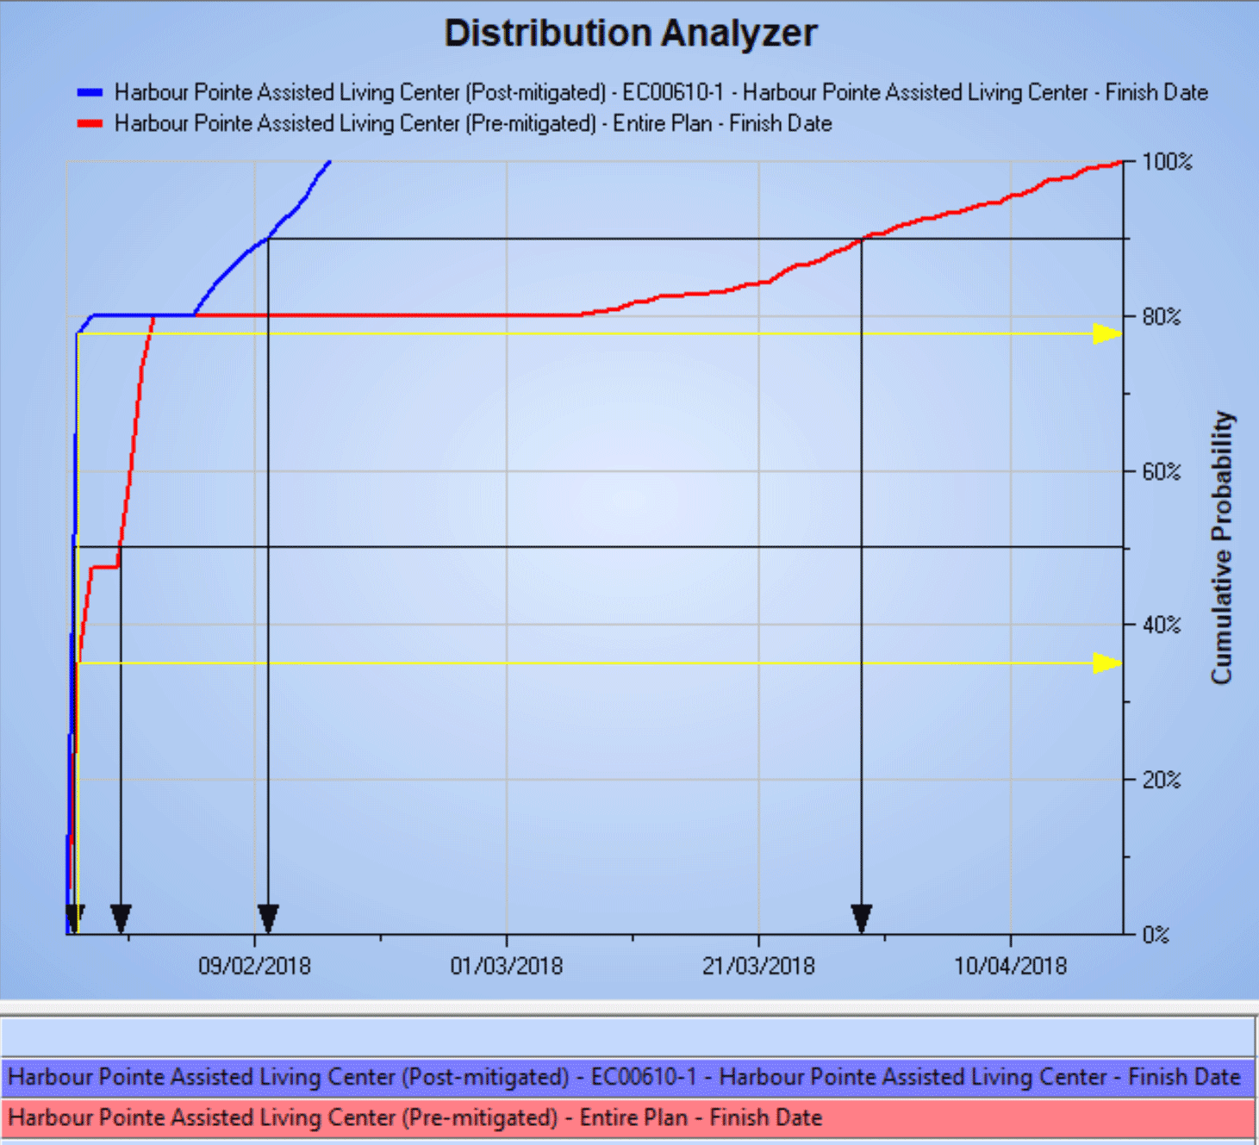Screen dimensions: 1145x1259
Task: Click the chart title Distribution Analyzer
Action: tap(630, 34)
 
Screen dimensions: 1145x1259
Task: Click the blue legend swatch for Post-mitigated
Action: tap(90, 92)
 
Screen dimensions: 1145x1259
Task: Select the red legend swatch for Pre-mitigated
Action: tap(90, 123)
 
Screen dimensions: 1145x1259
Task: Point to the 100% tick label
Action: tap(1167, 162)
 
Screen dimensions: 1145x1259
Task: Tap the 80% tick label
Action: tap(1162, 317)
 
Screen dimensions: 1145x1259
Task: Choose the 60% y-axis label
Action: tap(1162, 471)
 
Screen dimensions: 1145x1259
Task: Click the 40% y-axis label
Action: tap(1162, 625)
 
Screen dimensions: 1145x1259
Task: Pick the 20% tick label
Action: tap(1162, 780)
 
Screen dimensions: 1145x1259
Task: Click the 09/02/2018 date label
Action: tap(254, 966)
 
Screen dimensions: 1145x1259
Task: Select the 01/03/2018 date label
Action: tap(507, 966)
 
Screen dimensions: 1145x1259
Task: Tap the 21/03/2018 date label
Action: tap(758, 966)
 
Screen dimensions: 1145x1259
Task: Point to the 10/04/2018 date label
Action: tap(1010, 966)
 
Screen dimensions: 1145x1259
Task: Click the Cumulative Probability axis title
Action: tap(1222, 548)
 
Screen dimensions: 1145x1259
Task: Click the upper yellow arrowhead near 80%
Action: tap(1106, 333)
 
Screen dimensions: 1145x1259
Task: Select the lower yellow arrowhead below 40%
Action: tap(1106, 663)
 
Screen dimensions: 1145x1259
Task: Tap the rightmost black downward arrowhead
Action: tap(861, 918)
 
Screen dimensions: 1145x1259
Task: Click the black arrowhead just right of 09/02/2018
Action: tap(268, 918)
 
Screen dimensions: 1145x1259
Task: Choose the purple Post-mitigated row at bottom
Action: tap(627, 1077)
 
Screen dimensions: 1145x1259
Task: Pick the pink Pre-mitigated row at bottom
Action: tap(627, 1117)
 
